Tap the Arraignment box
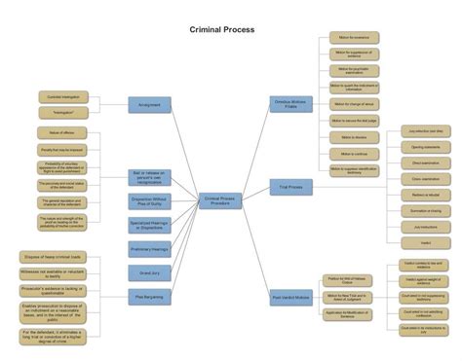(x=149, y=105)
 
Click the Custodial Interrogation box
(x=58, y=97)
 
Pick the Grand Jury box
(x=149, y=273)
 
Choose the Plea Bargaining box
(x=149, y=297)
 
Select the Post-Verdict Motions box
(x=290, y=297)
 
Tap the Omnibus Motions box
(x=290, y=105)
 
